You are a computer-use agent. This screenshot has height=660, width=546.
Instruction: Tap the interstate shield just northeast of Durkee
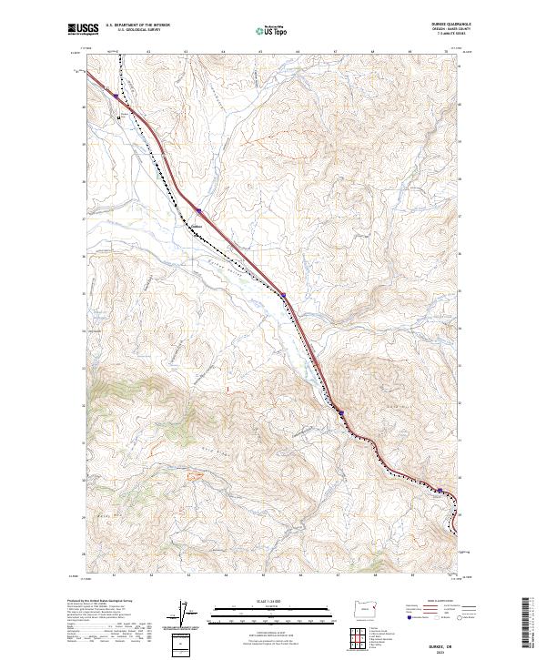tap(200, 216)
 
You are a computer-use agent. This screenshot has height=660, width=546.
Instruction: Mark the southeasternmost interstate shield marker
tap(440, 490)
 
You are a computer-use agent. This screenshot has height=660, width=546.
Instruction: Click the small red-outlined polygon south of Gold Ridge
tap(192, 474)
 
